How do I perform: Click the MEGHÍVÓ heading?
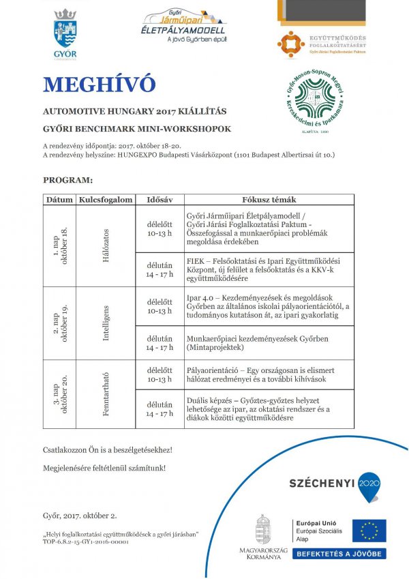coord(99,84)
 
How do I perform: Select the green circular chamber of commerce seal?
coord(314,102)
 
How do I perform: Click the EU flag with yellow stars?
coord(369,530)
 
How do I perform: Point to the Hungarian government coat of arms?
coord(263,529)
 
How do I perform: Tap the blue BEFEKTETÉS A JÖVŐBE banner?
coord(339,554)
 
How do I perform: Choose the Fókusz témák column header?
coord(269,200)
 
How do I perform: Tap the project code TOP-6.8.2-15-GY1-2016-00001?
coord(85,542)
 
